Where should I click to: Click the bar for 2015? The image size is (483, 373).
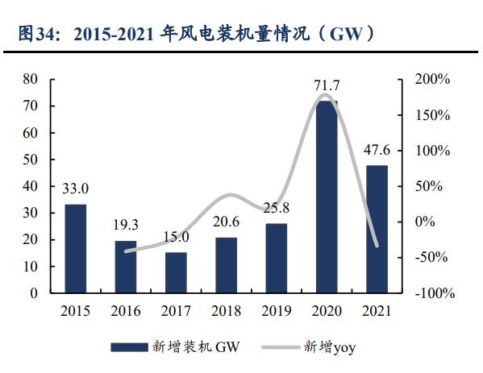coord(75,249)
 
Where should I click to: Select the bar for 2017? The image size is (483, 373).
coord(176,273)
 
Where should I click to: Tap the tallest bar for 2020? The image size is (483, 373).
coord(326,197)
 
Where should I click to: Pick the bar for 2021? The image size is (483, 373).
coord(376,230)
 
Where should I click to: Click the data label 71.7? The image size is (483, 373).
coord(326,85)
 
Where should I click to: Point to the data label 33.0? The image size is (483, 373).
coord(75,189)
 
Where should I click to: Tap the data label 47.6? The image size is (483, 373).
coord(376,150)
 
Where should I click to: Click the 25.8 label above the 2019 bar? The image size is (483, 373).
coord(276,208)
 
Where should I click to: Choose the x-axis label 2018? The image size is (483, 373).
coord(226,311)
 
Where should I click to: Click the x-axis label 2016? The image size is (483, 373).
coord(126,311)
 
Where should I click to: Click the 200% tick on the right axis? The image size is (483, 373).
coord(432,80)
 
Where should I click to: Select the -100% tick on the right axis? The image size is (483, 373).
coord(435,293)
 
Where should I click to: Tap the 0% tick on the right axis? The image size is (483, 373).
coord(425,222)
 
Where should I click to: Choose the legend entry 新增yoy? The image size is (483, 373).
coord(328,347)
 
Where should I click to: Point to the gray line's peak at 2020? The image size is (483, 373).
coord(324,95)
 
